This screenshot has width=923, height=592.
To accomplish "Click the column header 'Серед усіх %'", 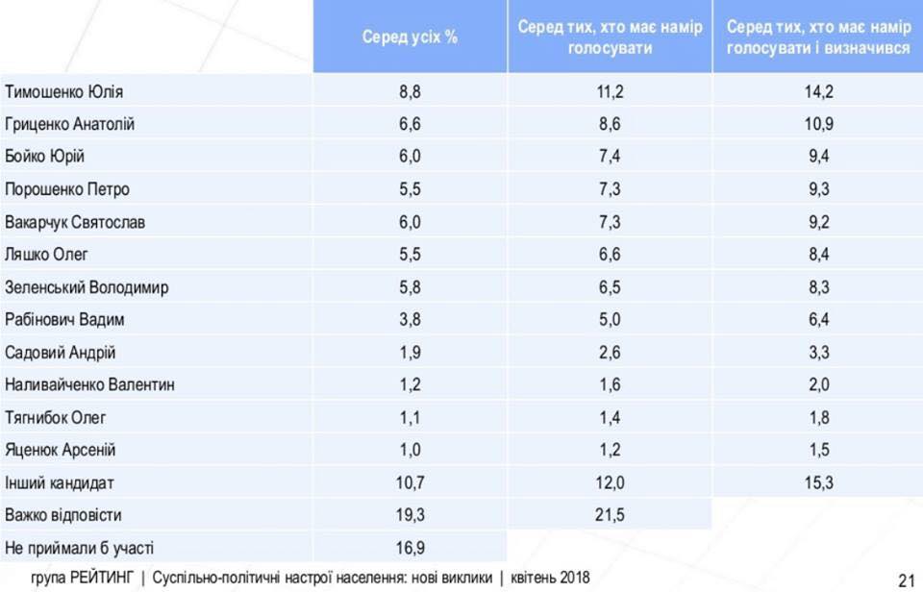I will tap(410, 37).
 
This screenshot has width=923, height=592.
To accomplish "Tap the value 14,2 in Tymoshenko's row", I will tap(818, 92).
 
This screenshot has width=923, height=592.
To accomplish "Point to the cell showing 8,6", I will tap(611, 125).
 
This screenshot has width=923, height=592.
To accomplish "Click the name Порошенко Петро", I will tap(67, 189).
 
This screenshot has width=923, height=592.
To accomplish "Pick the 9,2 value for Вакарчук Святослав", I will tap(818, 222).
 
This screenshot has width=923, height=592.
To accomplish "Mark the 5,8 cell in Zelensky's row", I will tap(410, 287).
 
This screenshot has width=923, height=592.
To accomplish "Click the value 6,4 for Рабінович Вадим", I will tap(818, 320).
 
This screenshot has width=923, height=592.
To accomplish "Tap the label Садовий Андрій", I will tap(61, 353).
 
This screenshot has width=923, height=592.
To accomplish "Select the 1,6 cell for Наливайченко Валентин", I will tap(611, 384).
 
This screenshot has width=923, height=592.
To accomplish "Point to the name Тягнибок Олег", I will tap(56, 417).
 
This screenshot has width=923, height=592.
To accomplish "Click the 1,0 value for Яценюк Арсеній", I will tap(410, 450).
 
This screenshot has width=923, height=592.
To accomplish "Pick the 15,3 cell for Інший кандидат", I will tap(818, 482).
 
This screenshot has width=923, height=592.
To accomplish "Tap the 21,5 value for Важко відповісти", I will tap(611, 515).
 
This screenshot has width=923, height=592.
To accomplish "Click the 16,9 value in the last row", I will tap(410, 548).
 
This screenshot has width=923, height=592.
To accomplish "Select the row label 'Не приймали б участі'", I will tap(80, 548).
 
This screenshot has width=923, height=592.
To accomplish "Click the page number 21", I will tap(906, 580).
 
